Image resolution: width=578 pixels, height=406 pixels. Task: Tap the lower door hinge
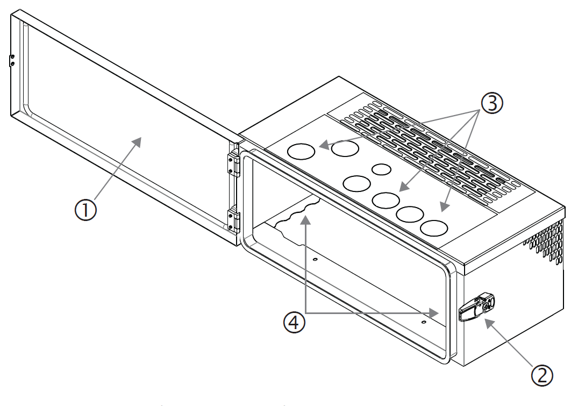[x=233, y=219]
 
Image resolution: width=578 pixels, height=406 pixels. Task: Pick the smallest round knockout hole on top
[x=382, y=169]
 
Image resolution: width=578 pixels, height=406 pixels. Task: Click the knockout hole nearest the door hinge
[x=301, y=152]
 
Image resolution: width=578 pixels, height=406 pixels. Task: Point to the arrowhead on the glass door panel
[x=138, y=141]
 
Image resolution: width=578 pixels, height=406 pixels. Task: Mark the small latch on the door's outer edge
[x=11, y=60]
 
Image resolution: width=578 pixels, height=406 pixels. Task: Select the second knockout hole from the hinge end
[x=345, y=149]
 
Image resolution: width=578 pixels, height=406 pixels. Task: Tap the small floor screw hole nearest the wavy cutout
[x=316, y=259]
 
